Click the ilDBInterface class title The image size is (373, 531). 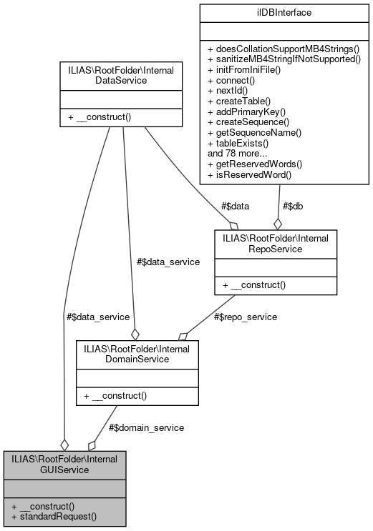coord(284,14)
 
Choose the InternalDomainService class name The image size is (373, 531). coord(137,354)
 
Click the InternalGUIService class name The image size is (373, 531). coord(65,464)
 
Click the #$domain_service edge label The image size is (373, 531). coord(146,427)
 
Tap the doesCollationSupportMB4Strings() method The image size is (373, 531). coord(283,50)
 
